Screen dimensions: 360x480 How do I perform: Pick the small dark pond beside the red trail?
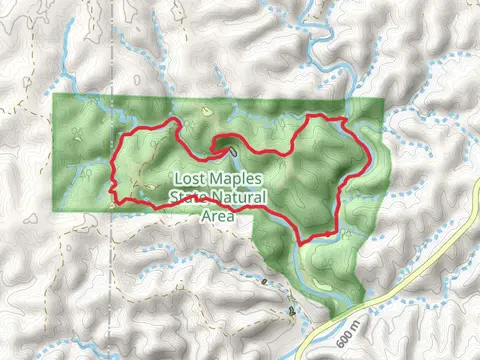click(x=232, y=151)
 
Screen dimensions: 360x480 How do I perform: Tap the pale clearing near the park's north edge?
click(x=204, y=111)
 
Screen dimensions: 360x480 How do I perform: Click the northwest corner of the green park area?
click(x=54, y=97)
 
